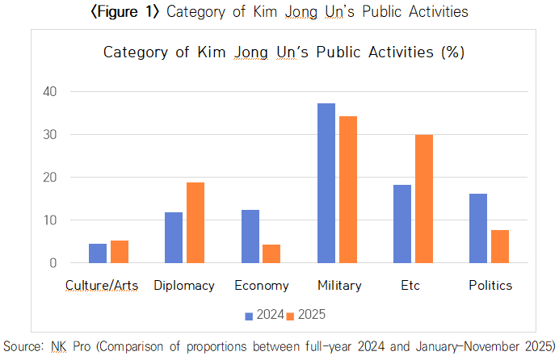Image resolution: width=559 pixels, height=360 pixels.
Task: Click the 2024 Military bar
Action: pyautogui.click(x=326, y=183)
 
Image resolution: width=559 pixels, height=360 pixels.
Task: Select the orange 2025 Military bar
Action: pyautogui.click(x=348, y=190)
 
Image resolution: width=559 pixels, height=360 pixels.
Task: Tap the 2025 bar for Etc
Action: pyautogui.click(x=423, y=199)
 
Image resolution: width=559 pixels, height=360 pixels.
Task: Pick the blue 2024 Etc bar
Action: pyautogui.click(x=401, y=224)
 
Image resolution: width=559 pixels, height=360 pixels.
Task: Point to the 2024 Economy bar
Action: pyautogui.click(x=250, y=236)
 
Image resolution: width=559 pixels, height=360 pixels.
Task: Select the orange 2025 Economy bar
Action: pyautogui.click(x=271, y=253)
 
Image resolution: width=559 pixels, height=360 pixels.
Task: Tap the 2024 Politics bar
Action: pyautogui.click(x=477, y=228)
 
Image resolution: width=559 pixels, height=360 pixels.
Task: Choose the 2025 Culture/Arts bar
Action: pyautogui.click(x=120, y=252)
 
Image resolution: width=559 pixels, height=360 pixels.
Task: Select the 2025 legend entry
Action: pyautogui.click(x=310, y=314)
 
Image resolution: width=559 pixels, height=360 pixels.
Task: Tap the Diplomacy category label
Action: pyautogui.click(x=183, y=285)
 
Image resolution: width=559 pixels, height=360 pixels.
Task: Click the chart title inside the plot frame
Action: pyautogui.click(x=282, y=52)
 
